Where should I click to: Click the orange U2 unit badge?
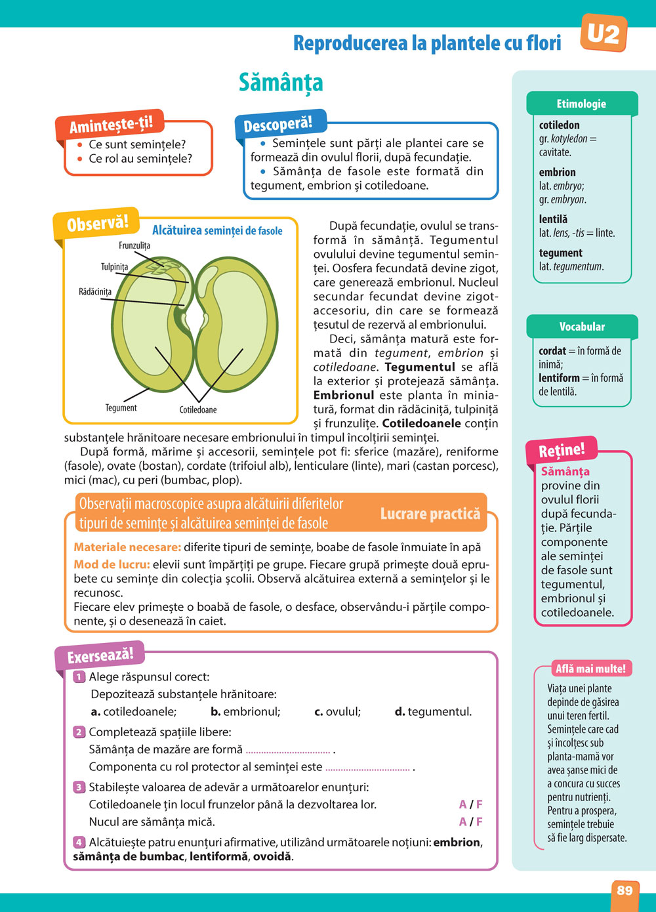click(x=604, y=33)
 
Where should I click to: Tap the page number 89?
click(x=625, y=890)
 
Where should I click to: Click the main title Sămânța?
click(x=281, y=83)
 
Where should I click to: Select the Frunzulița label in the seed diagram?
click(x=134, y=245)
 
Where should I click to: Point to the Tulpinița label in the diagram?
click(x=114, y=266)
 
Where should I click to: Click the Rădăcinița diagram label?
click(x=95, y=291)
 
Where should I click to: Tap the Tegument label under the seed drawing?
click(x=121, y=407)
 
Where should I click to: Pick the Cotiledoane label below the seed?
click(x=198, y=409)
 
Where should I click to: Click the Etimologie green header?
click(x=581, y=104)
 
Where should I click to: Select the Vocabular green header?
click(x=582, y=326)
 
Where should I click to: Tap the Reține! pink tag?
click(x=561, y=451)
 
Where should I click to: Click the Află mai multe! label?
click(x=590, y=669)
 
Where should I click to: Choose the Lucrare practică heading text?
click(x=430, y=514)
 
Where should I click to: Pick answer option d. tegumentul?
click(x=433, y=711)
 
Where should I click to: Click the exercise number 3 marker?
click(x=79, y=787)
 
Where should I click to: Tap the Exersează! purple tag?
click(x=100, y=655)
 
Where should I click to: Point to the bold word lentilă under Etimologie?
click(x=553, y=219)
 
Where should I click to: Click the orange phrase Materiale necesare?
click(x=127, y=547)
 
